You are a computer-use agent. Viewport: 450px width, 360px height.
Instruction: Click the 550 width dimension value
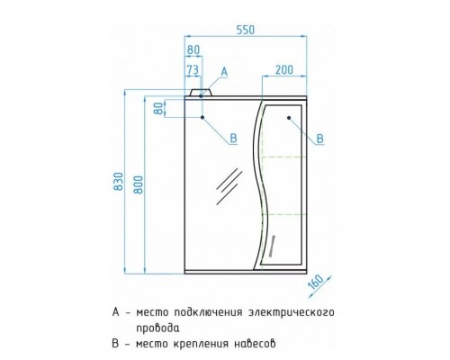tap(246, 30)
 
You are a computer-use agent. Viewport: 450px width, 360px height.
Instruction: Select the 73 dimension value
tap(193, 70)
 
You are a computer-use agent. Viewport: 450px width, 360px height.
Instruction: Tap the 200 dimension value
tap(283, 70)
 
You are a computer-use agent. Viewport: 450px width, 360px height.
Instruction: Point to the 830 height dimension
tap(119, 181)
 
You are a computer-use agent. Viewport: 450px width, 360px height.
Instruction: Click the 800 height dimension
tap(139, 184)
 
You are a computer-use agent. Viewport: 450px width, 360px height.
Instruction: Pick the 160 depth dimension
tap(316, 282)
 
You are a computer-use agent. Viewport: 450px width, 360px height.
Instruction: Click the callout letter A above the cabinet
tap(224, 72)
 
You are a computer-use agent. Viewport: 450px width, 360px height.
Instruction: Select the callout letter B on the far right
tap(320, 139)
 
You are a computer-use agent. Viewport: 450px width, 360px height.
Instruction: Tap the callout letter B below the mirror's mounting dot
tap(233, 139)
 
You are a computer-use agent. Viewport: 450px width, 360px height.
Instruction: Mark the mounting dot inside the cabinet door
tap(289, 118)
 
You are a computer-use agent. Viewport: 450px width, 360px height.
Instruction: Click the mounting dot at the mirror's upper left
tap(202, 117)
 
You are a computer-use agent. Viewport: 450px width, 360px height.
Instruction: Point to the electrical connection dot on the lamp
tap(201, 96)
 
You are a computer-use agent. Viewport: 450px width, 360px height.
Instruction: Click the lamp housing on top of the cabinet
tap(201, 93)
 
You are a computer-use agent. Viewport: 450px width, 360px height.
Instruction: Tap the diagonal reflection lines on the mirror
tap(229, 186)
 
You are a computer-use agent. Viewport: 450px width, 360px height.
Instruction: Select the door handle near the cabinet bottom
tap(272, 246)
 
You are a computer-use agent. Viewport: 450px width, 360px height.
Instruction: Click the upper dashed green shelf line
tap(283, 157)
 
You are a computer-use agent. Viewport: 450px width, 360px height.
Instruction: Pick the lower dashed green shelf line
tap(283, 214)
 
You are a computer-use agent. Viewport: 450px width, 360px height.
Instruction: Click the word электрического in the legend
tap(292, 312)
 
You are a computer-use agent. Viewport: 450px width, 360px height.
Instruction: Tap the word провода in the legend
tap(158, 328)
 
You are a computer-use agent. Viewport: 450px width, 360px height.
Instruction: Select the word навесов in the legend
tap(255, 344)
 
